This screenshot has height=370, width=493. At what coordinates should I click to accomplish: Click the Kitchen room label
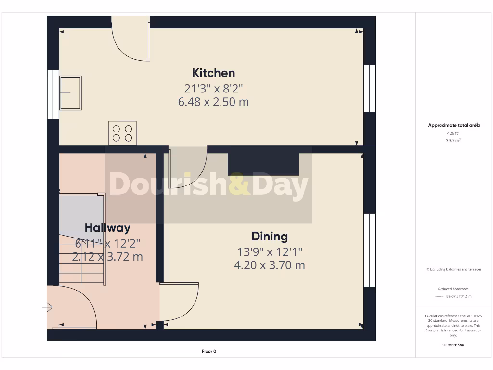click(x=213, y=73)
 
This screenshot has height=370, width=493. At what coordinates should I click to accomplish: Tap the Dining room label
click(x=270, y=237)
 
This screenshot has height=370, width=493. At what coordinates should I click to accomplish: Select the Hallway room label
click(x=107, y=228)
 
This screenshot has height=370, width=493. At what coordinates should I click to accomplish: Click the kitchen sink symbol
click(x=70, y=93)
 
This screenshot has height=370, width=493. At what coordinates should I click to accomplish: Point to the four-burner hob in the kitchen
click(x=122, y=133)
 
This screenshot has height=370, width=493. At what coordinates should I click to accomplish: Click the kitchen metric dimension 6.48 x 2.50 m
click(x=213, y=102)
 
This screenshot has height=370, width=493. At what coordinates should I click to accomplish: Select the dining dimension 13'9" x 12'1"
click(x=270, y=251)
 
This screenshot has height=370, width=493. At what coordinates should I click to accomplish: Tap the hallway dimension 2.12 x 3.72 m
click(x=107, y=257)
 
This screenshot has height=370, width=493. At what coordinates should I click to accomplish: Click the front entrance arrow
click(x=48, y=307)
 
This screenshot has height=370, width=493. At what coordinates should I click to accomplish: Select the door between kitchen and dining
click(x=188, y=166)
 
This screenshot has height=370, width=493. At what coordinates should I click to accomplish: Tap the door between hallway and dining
click(x=179, y=301)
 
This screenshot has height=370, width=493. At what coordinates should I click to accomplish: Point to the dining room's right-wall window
click(x=369, y=250)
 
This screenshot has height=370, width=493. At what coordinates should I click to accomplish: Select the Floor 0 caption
click(x=209, y=352)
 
